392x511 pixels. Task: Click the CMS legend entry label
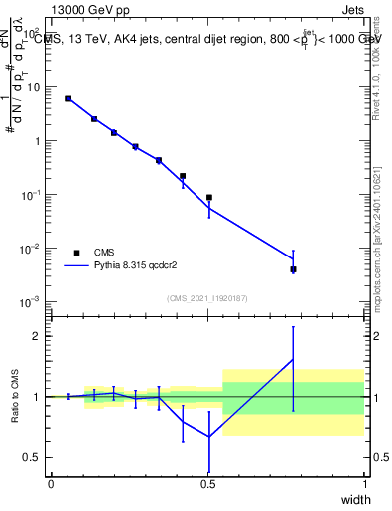(x=105, y=253)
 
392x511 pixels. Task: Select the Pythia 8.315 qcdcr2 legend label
(x=136, y=266)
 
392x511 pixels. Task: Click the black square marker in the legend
(x=76, y=253)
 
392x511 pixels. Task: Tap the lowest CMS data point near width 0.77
(x=293, y=269)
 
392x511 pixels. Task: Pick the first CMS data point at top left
(x=68, y=98)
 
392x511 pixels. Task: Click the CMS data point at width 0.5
(x=208, y=198)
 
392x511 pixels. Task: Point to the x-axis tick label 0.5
(x=207, y=484)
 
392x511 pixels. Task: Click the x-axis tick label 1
(x=365, y=484)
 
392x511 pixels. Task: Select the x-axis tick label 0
(x=51, y=484)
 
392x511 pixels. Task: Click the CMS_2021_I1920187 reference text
(x=207, y=298)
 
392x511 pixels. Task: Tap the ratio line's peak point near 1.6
(x=293, y=360)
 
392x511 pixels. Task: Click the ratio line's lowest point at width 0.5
(x=208, y=437)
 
